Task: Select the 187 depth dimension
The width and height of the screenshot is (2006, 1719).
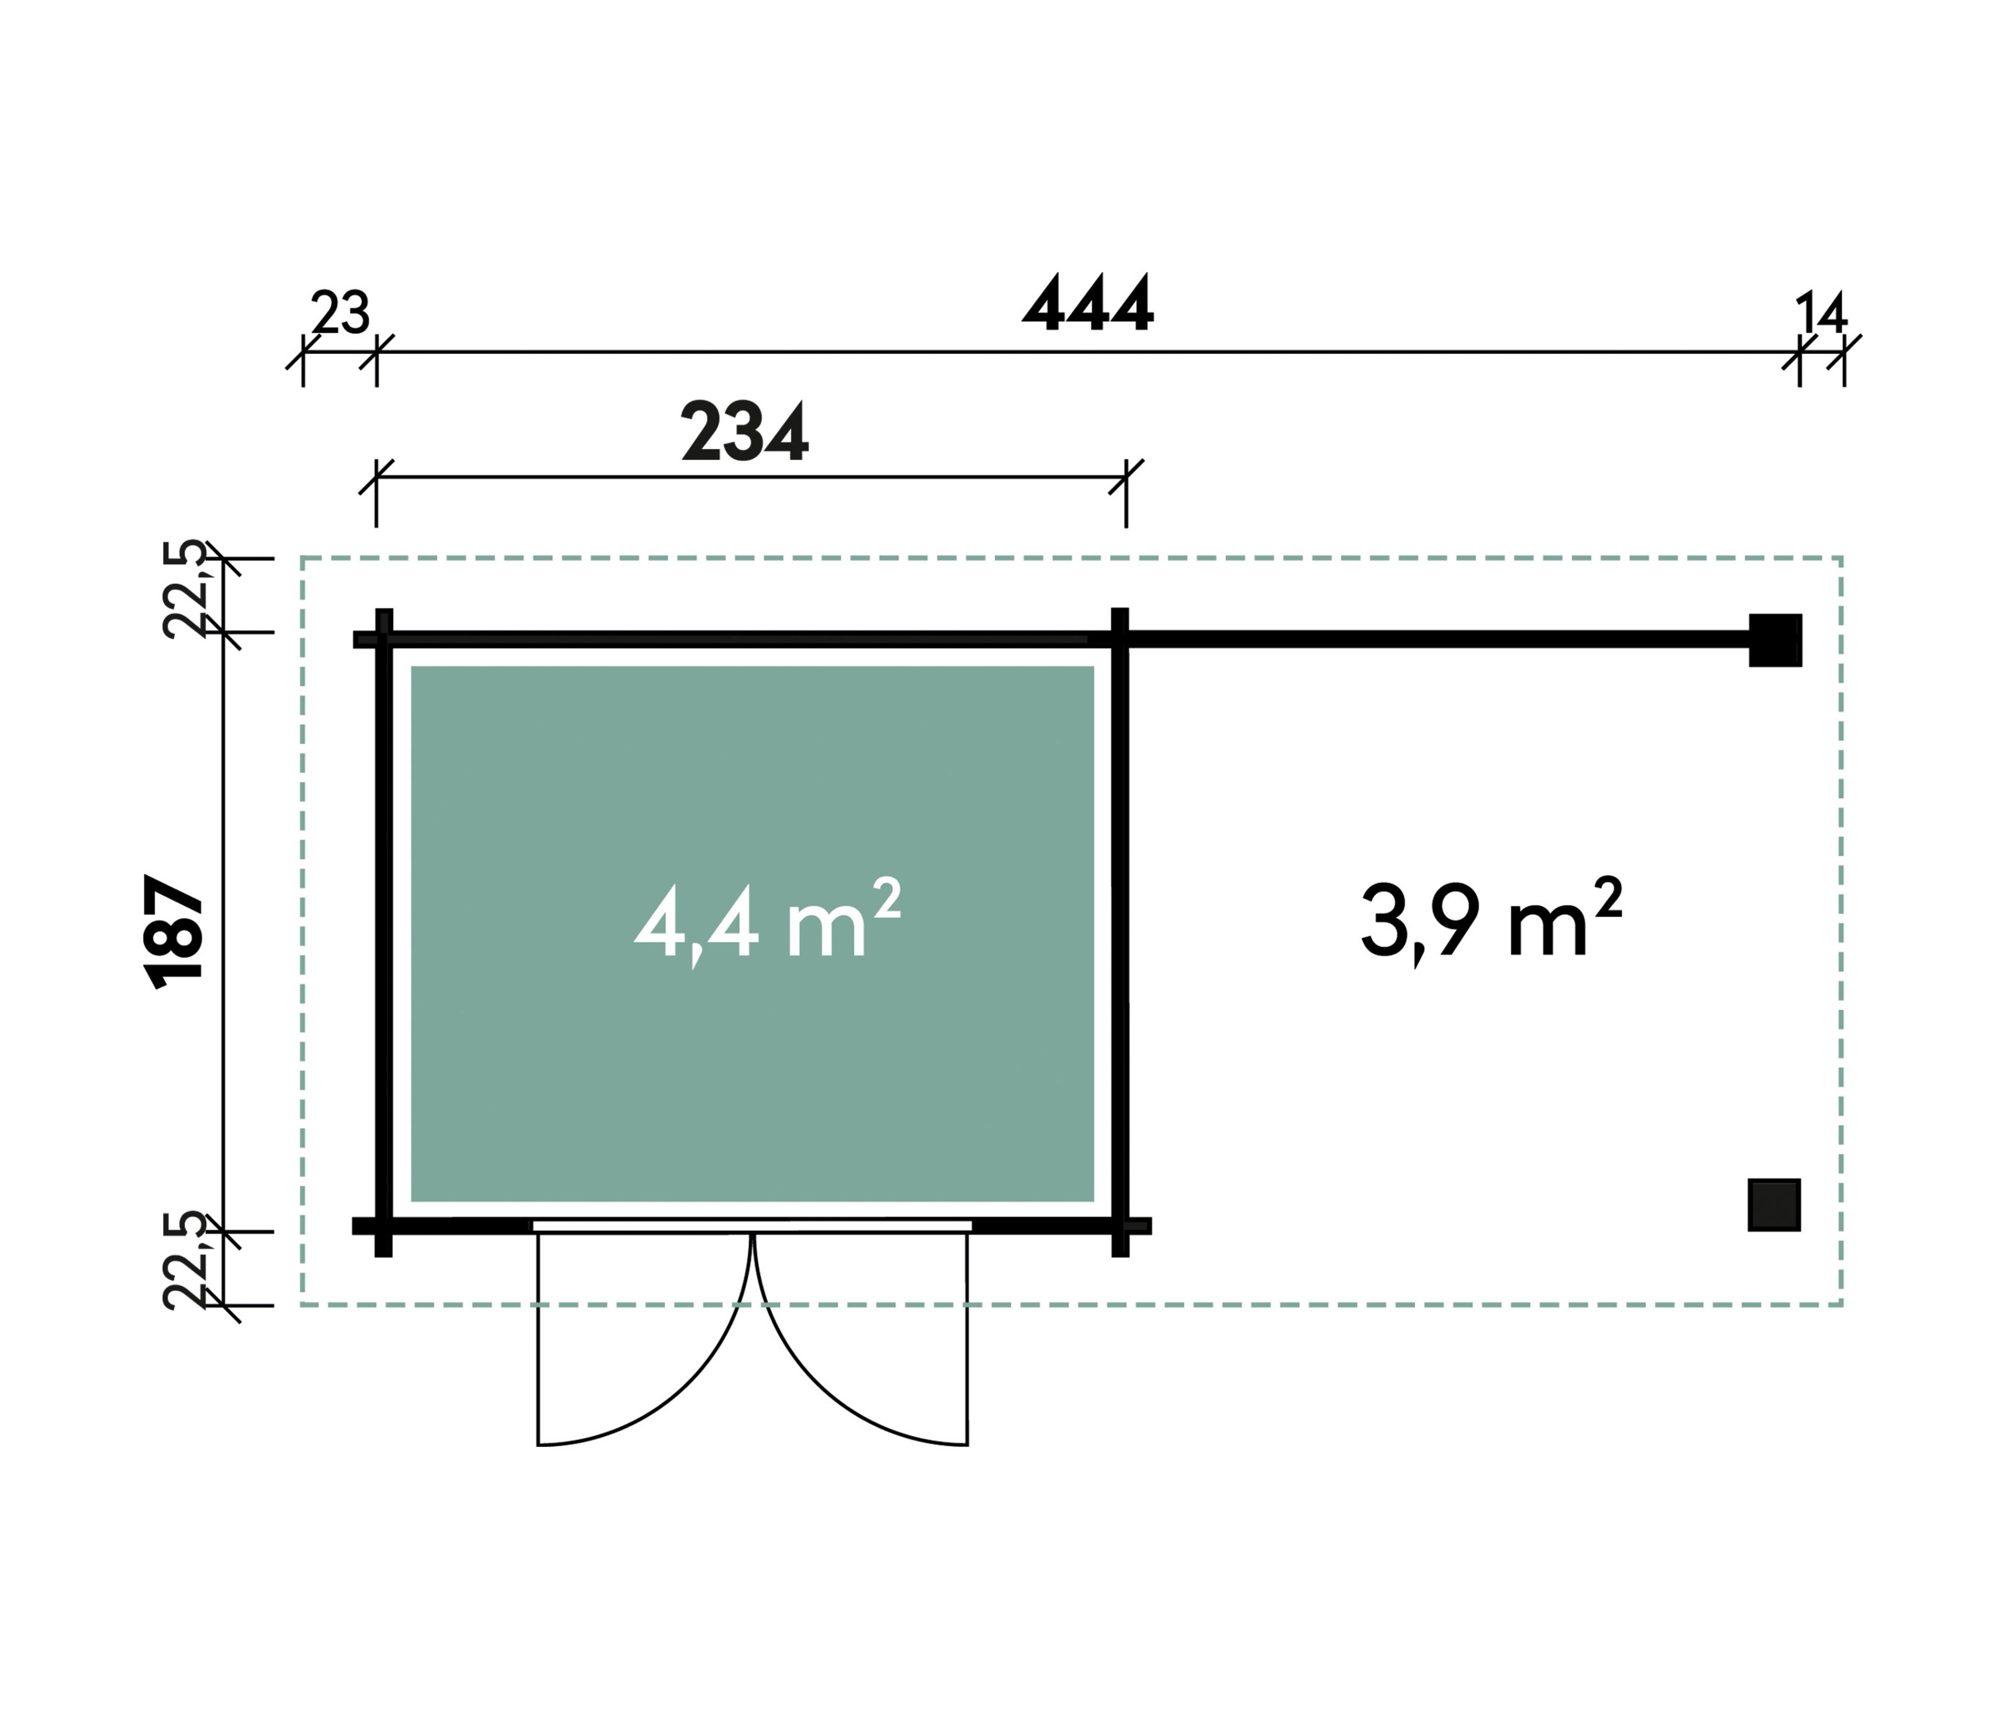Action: point(175,931)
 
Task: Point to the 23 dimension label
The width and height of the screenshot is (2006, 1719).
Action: point(340,313)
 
